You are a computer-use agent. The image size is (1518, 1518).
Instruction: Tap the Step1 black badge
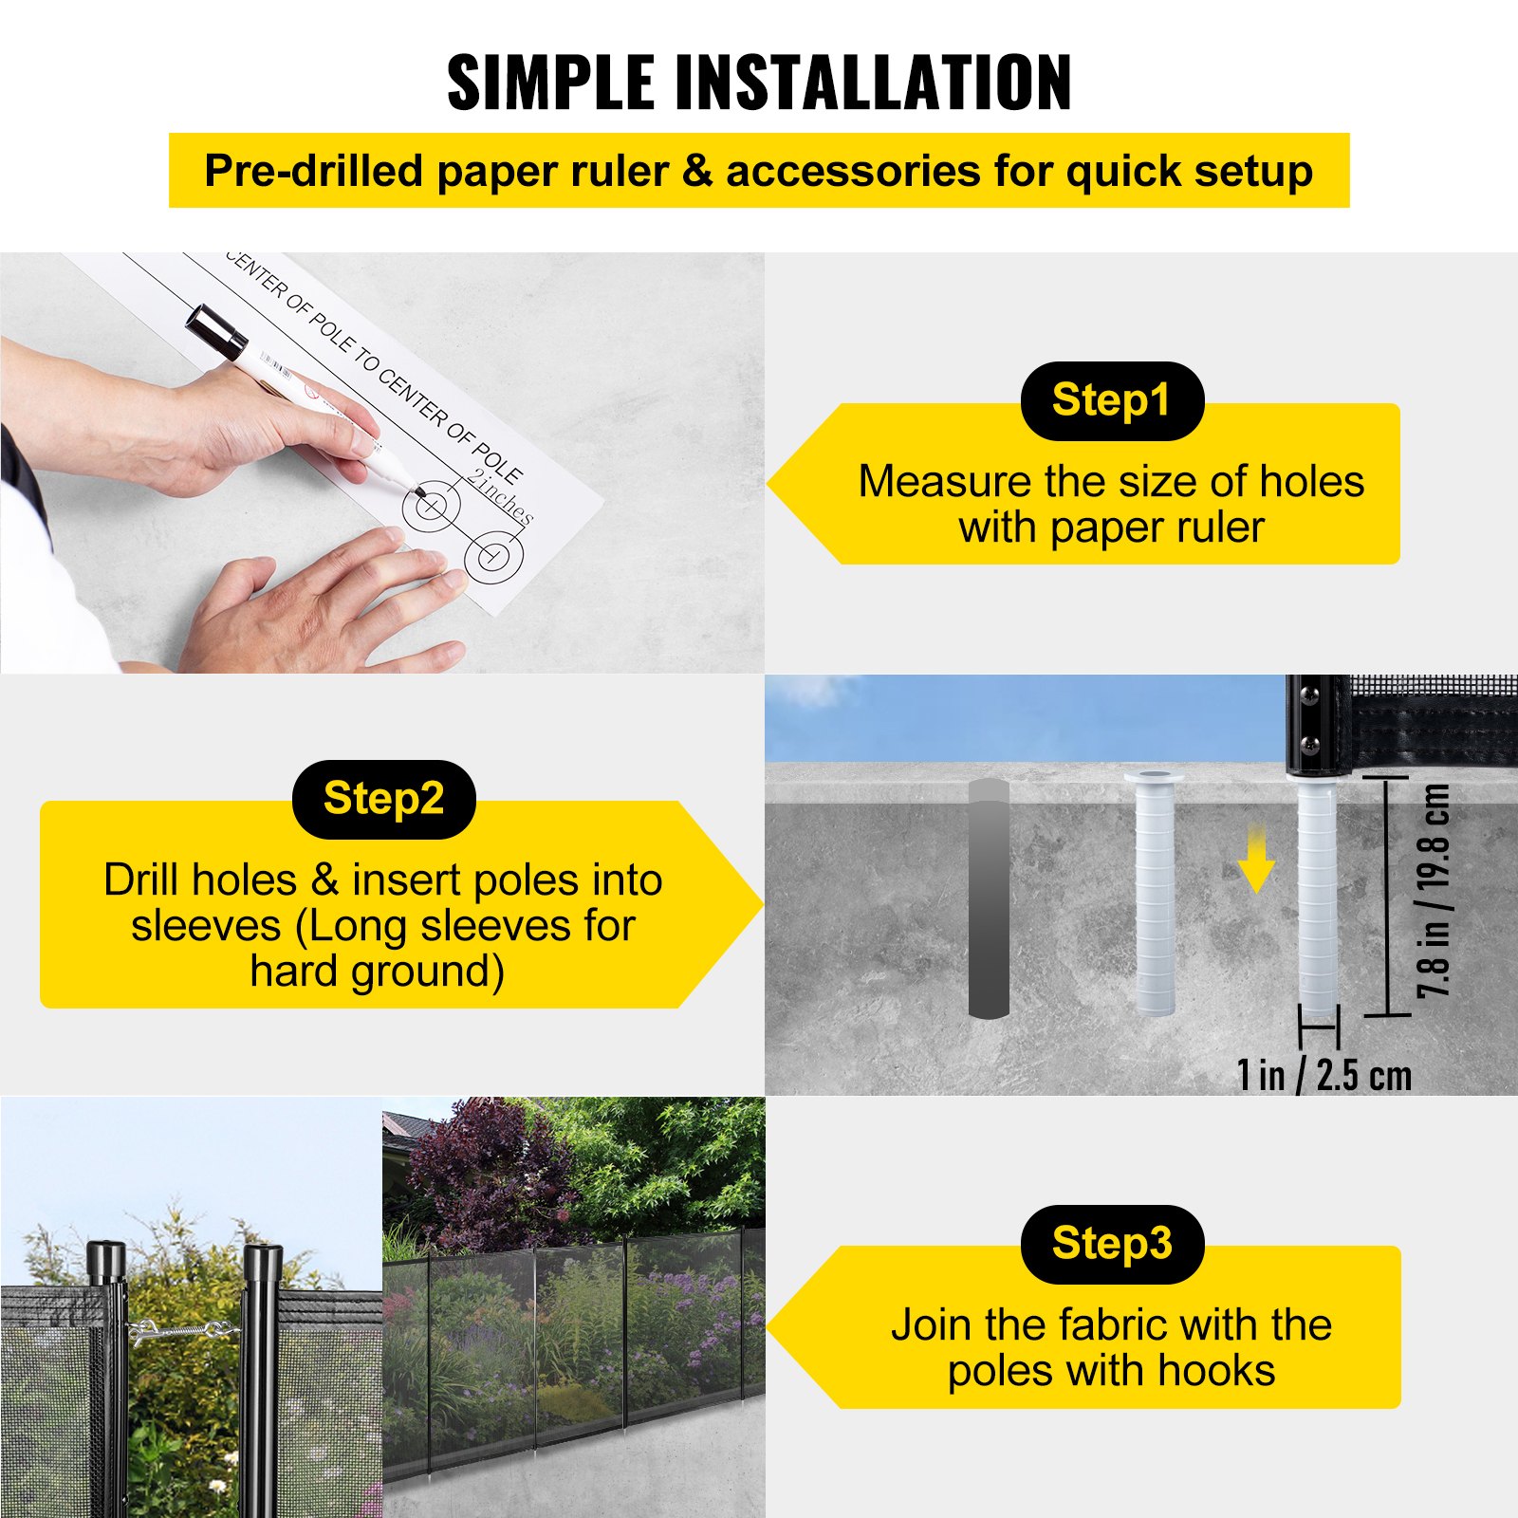coord(1111,400)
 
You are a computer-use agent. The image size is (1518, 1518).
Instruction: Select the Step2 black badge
coord(383,799)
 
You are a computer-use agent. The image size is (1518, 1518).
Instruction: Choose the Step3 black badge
coord(1111,1244)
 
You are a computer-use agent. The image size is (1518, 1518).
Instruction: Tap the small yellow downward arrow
coord(1256,861)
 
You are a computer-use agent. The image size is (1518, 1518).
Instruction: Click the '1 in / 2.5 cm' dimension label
coord(1324,1075)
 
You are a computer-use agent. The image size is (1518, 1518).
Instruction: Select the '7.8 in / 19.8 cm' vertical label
coord(1434,890)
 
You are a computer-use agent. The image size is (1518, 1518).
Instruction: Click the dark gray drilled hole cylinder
coord(988,898)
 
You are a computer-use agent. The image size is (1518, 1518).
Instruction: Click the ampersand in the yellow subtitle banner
coord(696,172)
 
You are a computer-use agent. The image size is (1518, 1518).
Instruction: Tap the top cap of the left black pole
coord(105,1258)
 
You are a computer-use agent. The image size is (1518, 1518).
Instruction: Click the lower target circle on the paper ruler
coord(493,557)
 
